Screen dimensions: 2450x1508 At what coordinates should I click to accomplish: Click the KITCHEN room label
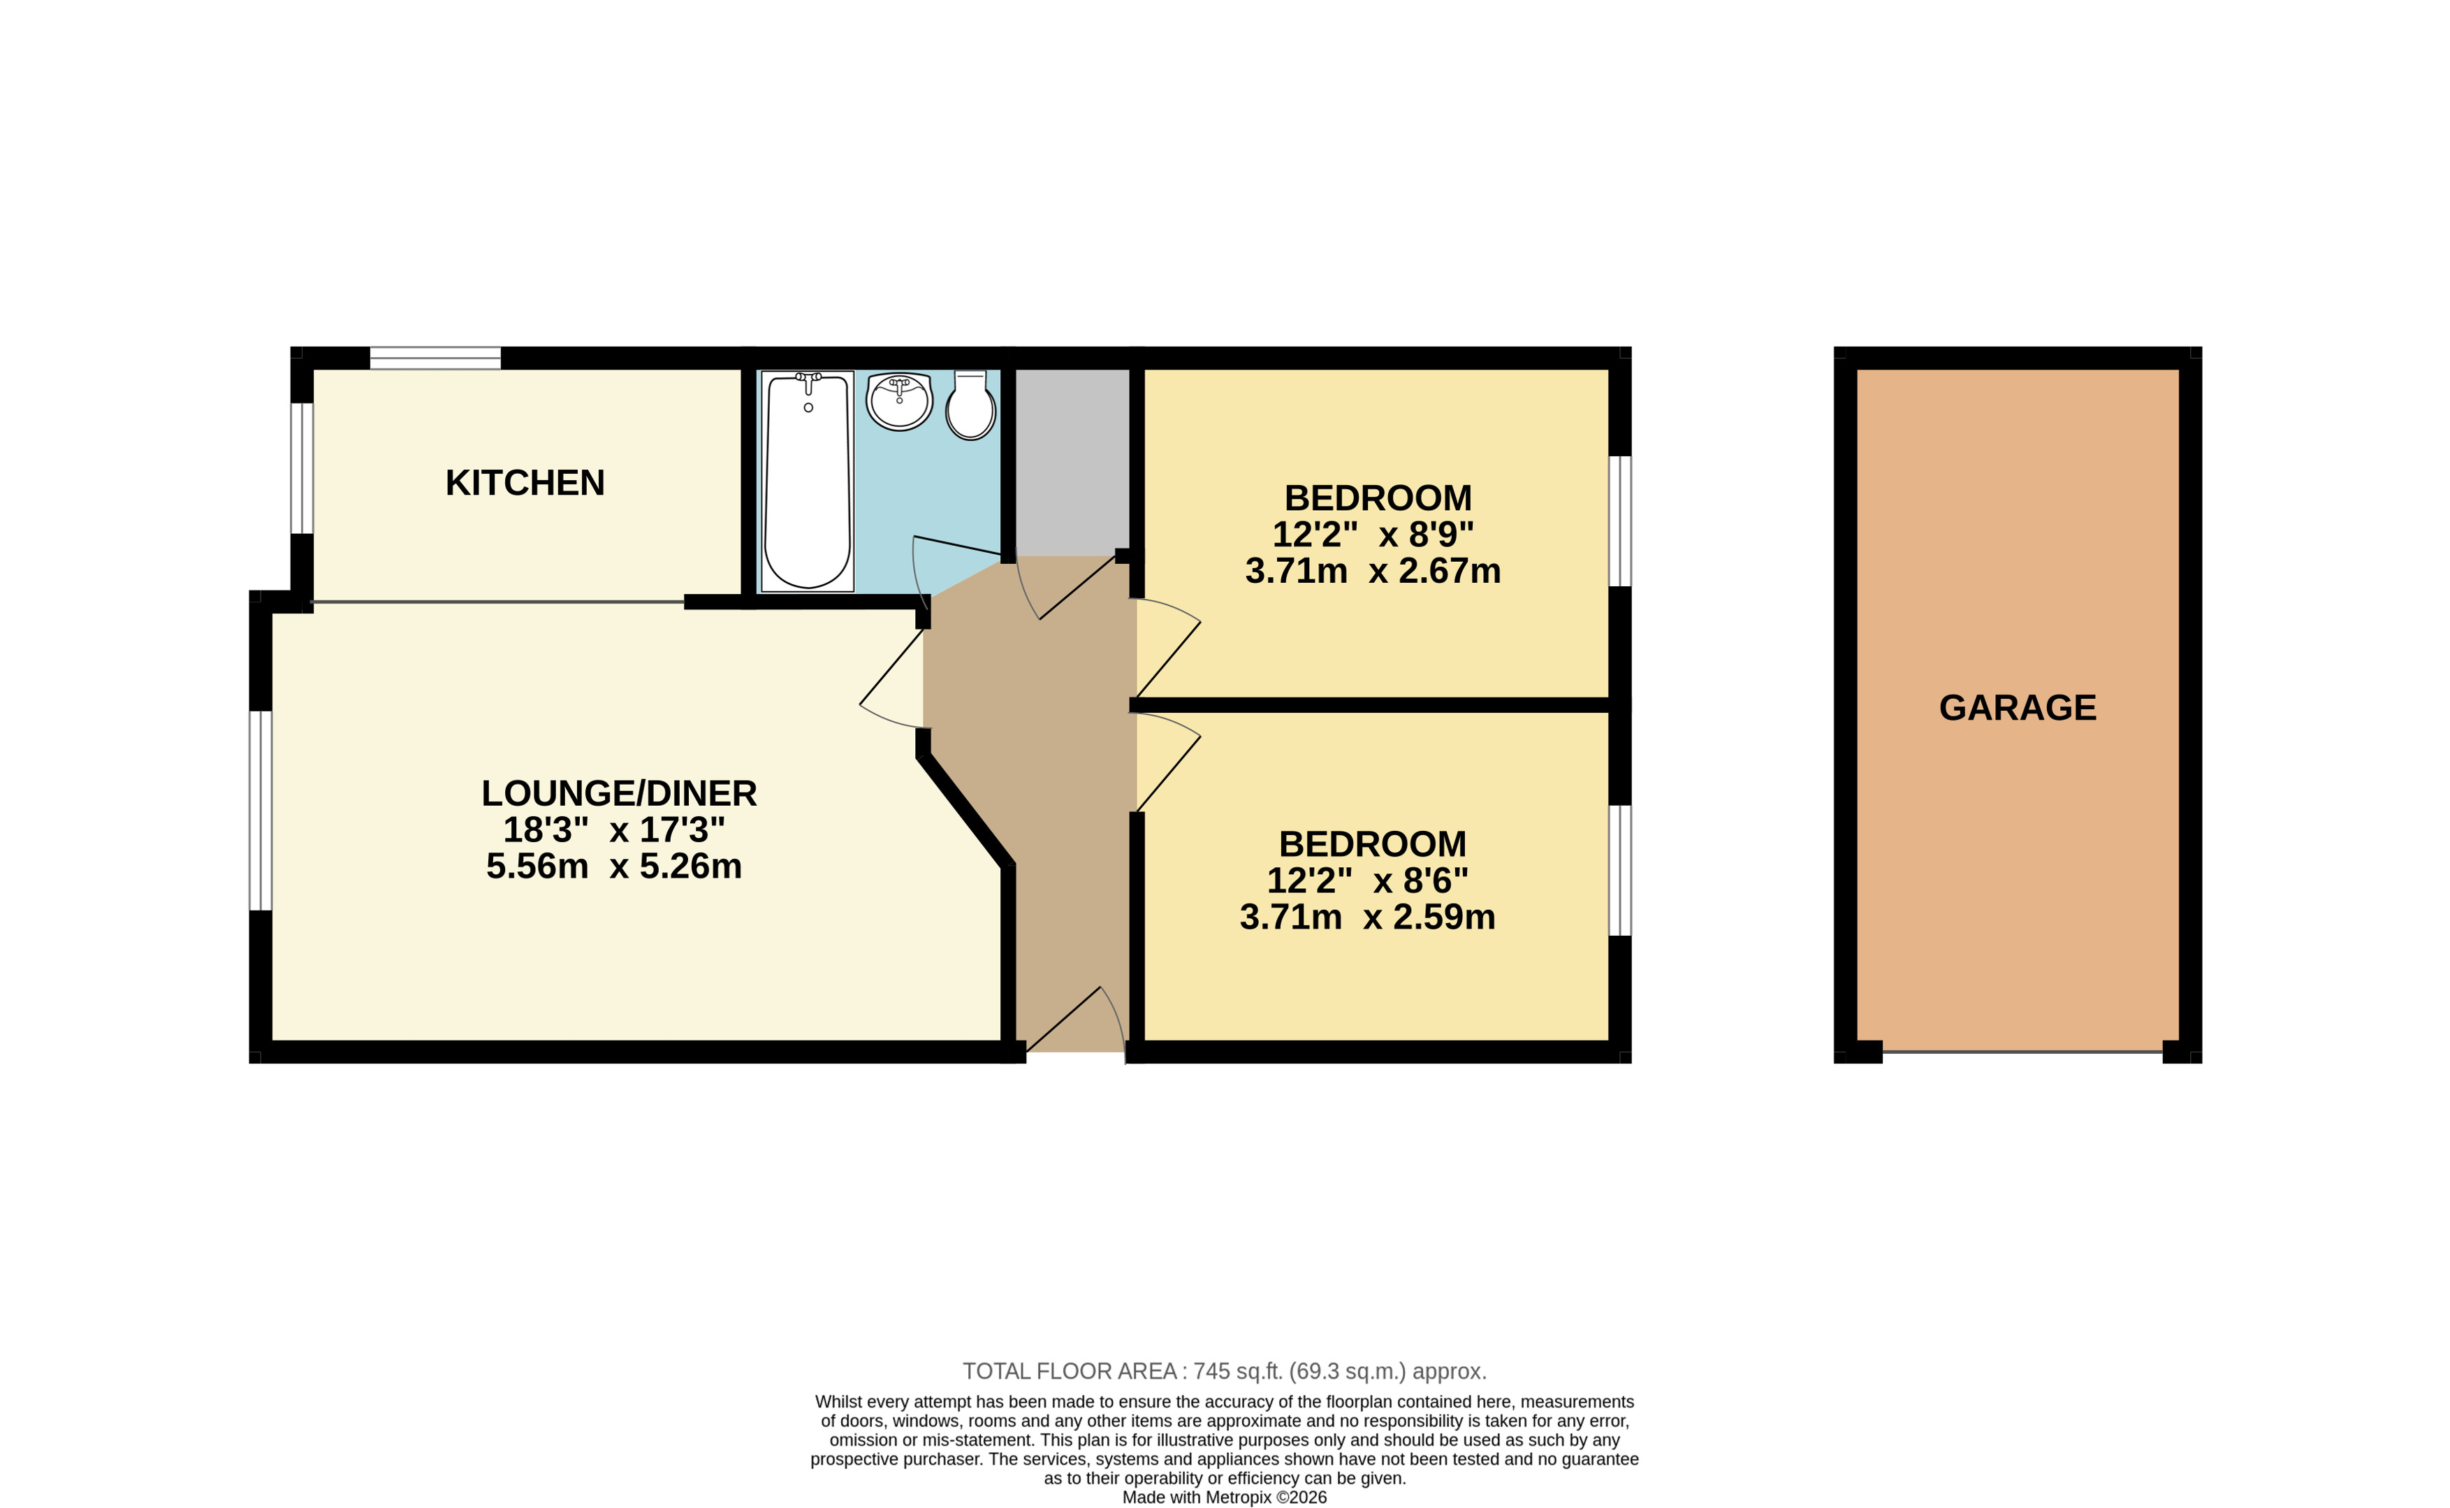525,483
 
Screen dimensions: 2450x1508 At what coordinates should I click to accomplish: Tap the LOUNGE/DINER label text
619,793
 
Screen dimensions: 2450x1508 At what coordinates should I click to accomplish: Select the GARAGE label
2018,707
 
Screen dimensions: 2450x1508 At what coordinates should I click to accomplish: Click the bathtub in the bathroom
808,481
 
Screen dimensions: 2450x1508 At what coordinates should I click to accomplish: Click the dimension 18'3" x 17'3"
613,829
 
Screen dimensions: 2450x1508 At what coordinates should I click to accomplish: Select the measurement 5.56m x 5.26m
613,866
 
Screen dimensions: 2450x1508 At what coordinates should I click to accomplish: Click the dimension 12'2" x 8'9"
1373,535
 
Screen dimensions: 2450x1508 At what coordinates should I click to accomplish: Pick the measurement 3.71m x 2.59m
1367,917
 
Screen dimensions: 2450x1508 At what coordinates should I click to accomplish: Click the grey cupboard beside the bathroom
1072,462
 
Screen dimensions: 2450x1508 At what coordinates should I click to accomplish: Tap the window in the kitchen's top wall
436,358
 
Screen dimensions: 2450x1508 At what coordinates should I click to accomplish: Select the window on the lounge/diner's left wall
261,810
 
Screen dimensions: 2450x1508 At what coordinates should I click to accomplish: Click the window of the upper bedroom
1620,521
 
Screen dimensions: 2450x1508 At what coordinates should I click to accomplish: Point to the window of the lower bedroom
1620,870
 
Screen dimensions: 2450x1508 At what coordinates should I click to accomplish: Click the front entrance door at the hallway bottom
1076,1020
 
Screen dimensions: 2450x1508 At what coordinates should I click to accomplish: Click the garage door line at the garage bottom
2022,1051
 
